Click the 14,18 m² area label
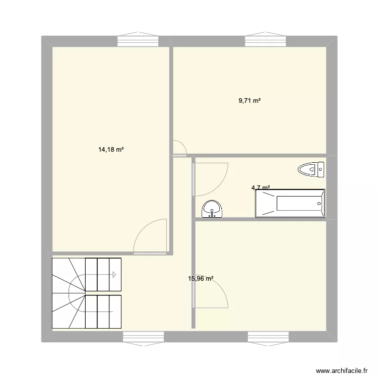tap(111, 149)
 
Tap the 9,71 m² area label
tap(249, 101)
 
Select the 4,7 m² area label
tap(260, 188)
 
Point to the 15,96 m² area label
tap(201, 278)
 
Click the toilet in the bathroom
tap(311, 169)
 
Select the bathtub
tap(290, 204)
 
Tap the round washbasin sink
tap(212, 208)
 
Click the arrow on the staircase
tap(114, 275)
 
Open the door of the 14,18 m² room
tap(151, 236)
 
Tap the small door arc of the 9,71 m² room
tap(180, 146)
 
